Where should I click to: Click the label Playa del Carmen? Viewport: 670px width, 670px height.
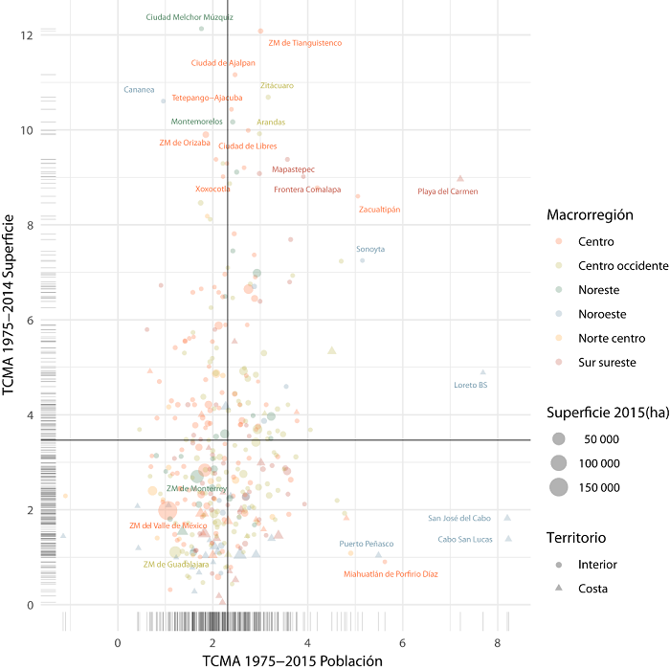[x=448, y=192]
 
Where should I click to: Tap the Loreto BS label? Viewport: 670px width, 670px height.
[x=470, y=386]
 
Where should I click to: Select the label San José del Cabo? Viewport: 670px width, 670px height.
[x=459, y=518]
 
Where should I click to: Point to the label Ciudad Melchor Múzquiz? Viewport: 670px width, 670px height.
[x=189, y=17]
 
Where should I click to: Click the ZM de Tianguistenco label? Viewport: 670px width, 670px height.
[x=304, y=43]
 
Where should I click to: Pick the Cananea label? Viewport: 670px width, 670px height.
[x=139, y=90]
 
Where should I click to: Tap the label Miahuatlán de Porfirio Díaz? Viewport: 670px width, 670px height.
[x=391, y=574]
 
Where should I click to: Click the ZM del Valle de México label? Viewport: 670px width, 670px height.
[x=168, y=525]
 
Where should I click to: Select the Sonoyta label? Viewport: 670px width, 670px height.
[x=370, y=249]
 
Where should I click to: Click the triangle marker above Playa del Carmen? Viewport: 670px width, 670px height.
[x=460, y=178]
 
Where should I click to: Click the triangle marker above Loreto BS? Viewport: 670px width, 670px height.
[x=483, y=372]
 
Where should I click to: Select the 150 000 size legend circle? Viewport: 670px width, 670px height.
[x=558, y=487]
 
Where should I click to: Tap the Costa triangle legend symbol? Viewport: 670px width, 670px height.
[x=558, y=589]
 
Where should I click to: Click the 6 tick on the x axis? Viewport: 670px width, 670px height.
[x=403, y=643]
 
